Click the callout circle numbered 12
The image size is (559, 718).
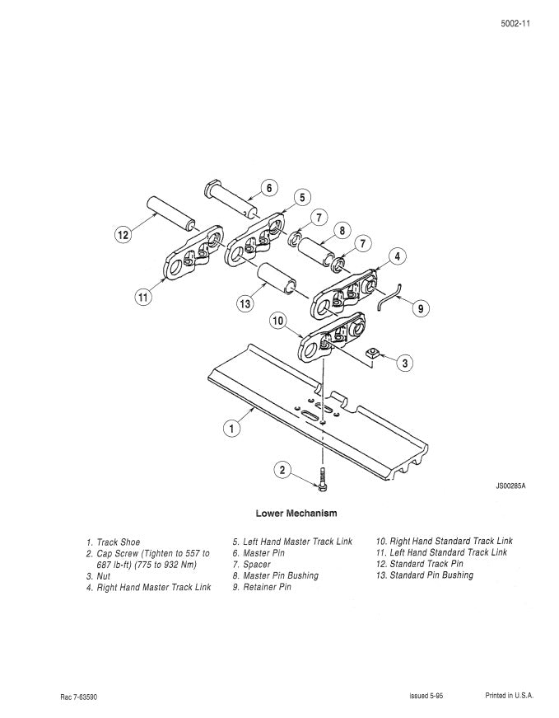click(x=123, y=235)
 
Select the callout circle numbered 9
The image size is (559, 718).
click(x=420, y=308)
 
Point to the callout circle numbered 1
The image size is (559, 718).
click(x=233, y=429)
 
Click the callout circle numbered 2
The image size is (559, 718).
click(x=282, y=471)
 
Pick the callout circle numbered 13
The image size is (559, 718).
click(x=245, y=304)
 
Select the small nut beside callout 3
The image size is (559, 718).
click(x=372, y=354)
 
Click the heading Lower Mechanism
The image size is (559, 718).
click(x=296, y=514)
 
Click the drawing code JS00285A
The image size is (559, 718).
click(x=510, y=486)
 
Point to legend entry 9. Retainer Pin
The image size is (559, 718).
click(x=262, y=588)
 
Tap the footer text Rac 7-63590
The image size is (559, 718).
click(x=79, y=697)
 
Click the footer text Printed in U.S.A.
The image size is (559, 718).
click(x=509, y=696)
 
